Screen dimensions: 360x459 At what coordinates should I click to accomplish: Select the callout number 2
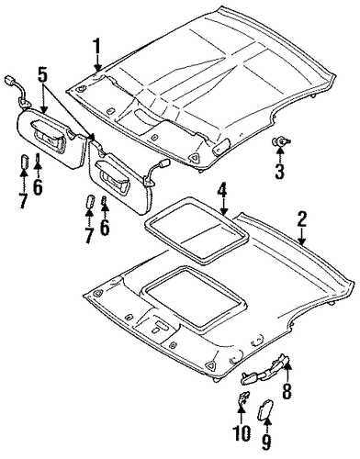click(301, 219)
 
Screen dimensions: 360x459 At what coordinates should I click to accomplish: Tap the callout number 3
click(279, 171)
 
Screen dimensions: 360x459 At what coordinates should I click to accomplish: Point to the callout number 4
click(223, 192)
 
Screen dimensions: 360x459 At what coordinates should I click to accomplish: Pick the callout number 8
click(287, 390)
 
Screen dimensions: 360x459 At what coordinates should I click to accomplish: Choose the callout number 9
click(266, 442)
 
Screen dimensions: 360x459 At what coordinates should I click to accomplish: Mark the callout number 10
click(242, 433)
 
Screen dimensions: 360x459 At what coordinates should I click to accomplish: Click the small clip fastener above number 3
click(281, 142)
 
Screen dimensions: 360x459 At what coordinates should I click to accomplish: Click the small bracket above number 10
click(243, 397)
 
